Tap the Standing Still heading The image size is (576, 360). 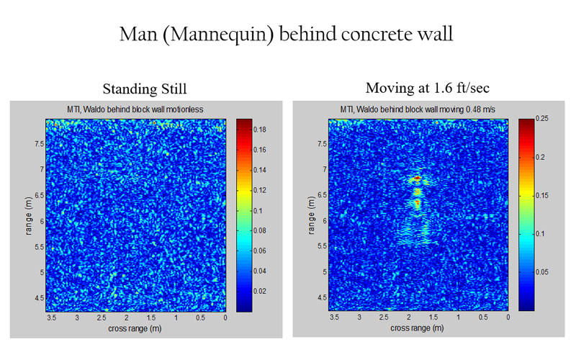[x=145, y=89]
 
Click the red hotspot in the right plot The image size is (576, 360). [x=418, y=177]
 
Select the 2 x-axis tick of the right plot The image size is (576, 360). [x=409, y=317]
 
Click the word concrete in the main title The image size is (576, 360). [x=364, y=35]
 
